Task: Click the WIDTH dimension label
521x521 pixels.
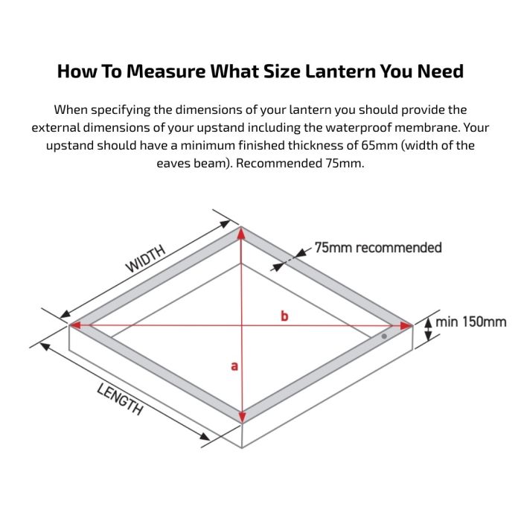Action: [145, 258]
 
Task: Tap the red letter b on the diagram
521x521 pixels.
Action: [284, 316]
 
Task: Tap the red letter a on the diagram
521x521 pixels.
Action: [234, 365]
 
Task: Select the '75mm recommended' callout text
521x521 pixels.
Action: [378, 247]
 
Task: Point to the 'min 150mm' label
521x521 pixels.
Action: [471, 322]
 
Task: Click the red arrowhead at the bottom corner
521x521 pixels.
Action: [241, 417]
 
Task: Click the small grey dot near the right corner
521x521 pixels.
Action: [384, 336]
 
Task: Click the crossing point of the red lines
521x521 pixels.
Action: [241, 325]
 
